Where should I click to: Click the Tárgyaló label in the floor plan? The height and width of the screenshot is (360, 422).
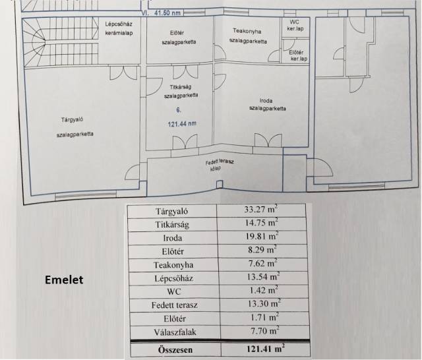pos(72,119)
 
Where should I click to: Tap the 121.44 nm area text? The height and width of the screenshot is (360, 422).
pos(182,124)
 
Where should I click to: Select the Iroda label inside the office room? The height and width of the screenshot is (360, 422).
pos(266,101)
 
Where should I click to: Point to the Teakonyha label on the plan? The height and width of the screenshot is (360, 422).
pos(247,31)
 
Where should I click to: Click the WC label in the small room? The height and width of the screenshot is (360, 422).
pos(294,22)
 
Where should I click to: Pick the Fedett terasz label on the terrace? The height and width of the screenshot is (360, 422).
pos(220,162)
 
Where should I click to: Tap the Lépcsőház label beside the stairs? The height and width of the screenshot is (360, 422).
pos(119,24)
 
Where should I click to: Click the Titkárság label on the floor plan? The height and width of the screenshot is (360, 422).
pos(181,87)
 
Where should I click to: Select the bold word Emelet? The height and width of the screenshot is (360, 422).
pos(64,280)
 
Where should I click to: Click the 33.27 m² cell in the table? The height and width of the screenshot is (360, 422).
pos(260,209)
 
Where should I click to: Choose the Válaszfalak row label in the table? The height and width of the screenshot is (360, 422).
pos(175,332)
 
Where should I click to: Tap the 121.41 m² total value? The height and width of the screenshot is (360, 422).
pos(265,349)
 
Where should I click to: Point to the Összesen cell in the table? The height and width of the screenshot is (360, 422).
pos(175,350)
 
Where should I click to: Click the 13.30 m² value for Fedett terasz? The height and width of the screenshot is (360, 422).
pos(264,304)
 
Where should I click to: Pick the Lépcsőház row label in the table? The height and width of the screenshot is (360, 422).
pos(173,278)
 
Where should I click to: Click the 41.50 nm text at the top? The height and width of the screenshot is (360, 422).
pos(167,13)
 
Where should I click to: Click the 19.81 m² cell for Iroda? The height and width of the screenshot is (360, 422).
pos(262,236)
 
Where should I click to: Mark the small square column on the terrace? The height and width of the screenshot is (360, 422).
pos(220,184)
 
